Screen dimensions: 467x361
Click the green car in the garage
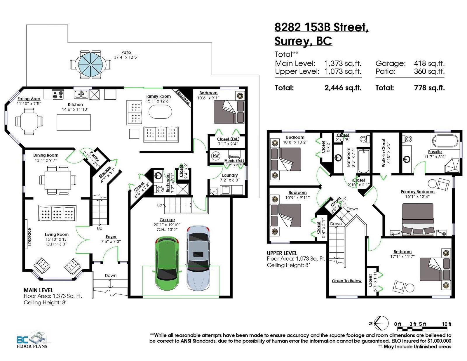point(167,264)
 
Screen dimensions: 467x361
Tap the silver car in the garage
point(198,258)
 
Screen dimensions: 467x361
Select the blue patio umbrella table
point(91,65)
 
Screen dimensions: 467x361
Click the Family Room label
point(158,96)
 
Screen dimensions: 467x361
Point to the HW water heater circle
point(216,156)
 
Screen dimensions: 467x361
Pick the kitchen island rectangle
point(74,122)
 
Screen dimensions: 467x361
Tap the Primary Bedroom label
point(418,192)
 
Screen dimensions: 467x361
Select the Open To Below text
point(347,281)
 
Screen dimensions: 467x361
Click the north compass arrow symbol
point(381,323)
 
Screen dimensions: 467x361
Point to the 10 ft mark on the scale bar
point(446,324)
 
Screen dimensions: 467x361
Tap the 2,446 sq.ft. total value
point(343,88)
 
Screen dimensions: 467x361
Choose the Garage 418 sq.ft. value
point(429,63)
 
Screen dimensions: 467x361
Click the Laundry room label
point(230,175)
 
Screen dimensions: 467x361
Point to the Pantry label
point(94,156)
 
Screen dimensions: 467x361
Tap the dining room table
point(57,180)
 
